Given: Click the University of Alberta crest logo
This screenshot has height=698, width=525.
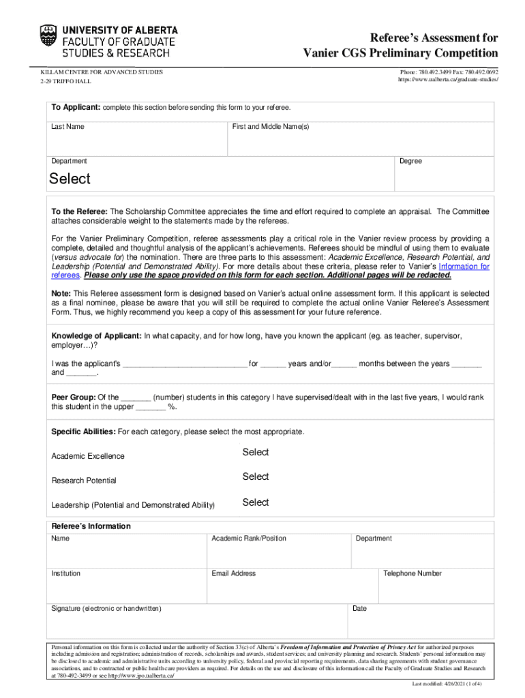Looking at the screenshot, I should coord(49,41).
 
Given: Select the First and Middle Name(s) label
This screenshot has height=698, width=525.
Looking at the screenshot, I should coord(270,127).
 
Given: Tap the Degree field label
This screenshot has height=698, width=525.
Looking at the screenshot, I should coord(410,162).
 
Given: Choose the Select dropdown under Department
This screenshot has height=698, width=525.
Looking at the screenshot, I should coord(70,179).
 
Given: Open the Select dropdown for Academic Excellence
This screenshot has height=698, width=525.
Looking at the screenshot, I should coord(256,453).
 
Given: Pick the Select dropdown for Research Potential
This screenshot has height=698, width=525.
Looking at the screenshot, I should coord(256,477).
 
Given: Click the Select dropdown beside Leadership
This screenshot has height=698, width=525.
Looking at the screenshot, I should coord(256,502).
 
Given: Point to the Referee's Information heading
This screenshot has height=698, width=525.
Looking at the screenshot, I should coord(91,526).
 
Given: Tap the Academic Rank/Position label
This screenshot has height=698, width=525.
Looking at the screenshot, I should coord(249,538).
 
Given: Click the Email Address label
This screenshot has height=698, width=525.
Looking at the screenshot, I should coord(233,573).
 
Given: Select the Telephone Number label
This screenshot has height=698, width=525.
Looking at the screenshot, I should coord(412,573).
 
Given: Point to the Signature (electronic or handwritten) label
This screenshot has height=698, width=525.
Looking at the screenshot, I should coord(106,608).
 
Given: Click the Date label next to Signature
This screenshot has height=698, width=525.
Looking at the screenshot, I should coord(359,608).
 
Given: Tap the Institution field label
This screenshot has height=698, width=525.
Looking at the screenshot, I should coord(66,573).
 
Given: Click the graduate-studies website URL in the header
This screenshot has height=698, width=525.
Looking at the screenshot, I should coord(448,80).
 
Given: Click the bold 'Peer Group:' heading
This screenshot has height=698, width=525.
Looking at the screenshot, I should coord(74,397).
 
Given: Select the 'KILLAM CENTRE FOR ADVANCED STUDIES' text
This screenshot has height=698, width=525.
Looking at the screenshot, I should coord(102,72).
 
